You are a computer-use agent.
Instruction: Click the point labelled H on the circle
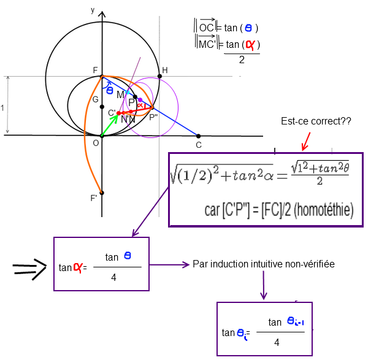159,76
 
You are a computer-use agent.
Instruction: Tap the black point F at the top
102,76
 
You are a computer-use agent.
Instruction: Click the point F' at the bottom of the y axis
102,193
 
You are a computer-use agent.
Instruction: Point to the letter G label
95,99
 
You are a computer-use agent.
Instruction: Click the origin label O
95,143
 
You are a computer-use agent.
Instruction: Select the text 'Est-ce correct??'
315,121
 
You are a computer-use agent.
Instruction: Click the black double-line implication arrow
30,267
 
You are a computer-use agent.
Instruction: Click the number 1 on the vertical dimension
2,108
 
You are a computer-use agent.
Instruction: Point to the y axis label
92,10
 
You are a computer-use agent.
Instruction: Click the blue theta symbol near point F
110,90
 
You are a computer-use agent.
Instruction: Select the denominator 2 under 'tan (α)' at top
242,60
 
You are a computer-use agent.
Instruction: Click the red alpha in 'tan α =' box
78,267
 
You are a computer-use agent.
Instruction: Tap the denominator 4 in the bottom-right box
277,342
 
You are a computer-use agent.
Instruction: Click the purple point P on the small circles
140,100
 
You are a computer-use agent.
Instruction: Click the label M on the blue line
120,94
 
